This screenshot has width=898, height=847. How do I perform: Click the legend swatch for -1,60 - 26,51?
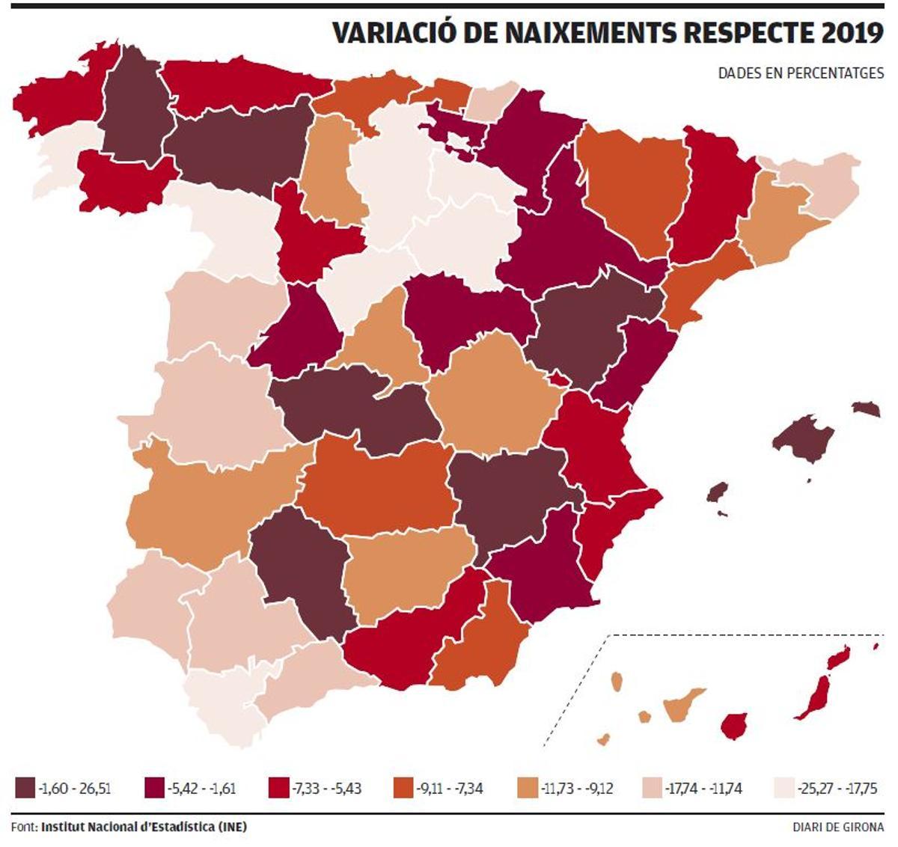point(24,788)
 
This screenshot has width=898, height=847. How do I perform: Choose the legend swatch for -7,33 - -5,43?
point(276,788)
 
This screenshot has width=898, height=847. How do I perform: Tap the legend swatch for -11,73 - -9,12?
point(526,788)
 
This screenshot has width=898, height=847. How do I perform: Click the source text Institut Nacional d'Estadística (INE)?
point(144,827)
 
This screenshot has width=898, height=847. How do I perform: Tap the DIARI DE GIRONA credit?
point(838,827)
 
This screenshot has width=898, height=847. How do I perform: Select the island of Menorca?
point(866,408)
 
